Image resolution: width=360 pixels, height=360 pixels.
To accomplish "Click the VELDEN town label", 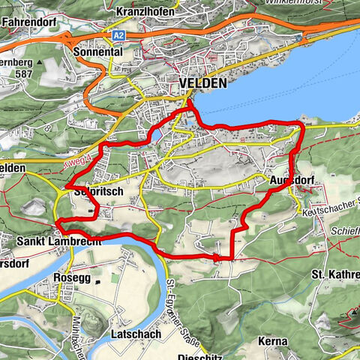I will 202,84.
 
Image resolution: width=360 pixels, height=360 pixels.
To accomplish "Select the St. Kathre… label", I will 335,275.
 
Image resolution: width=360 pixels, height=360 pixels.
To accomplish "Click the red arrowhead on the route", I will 217,257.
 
